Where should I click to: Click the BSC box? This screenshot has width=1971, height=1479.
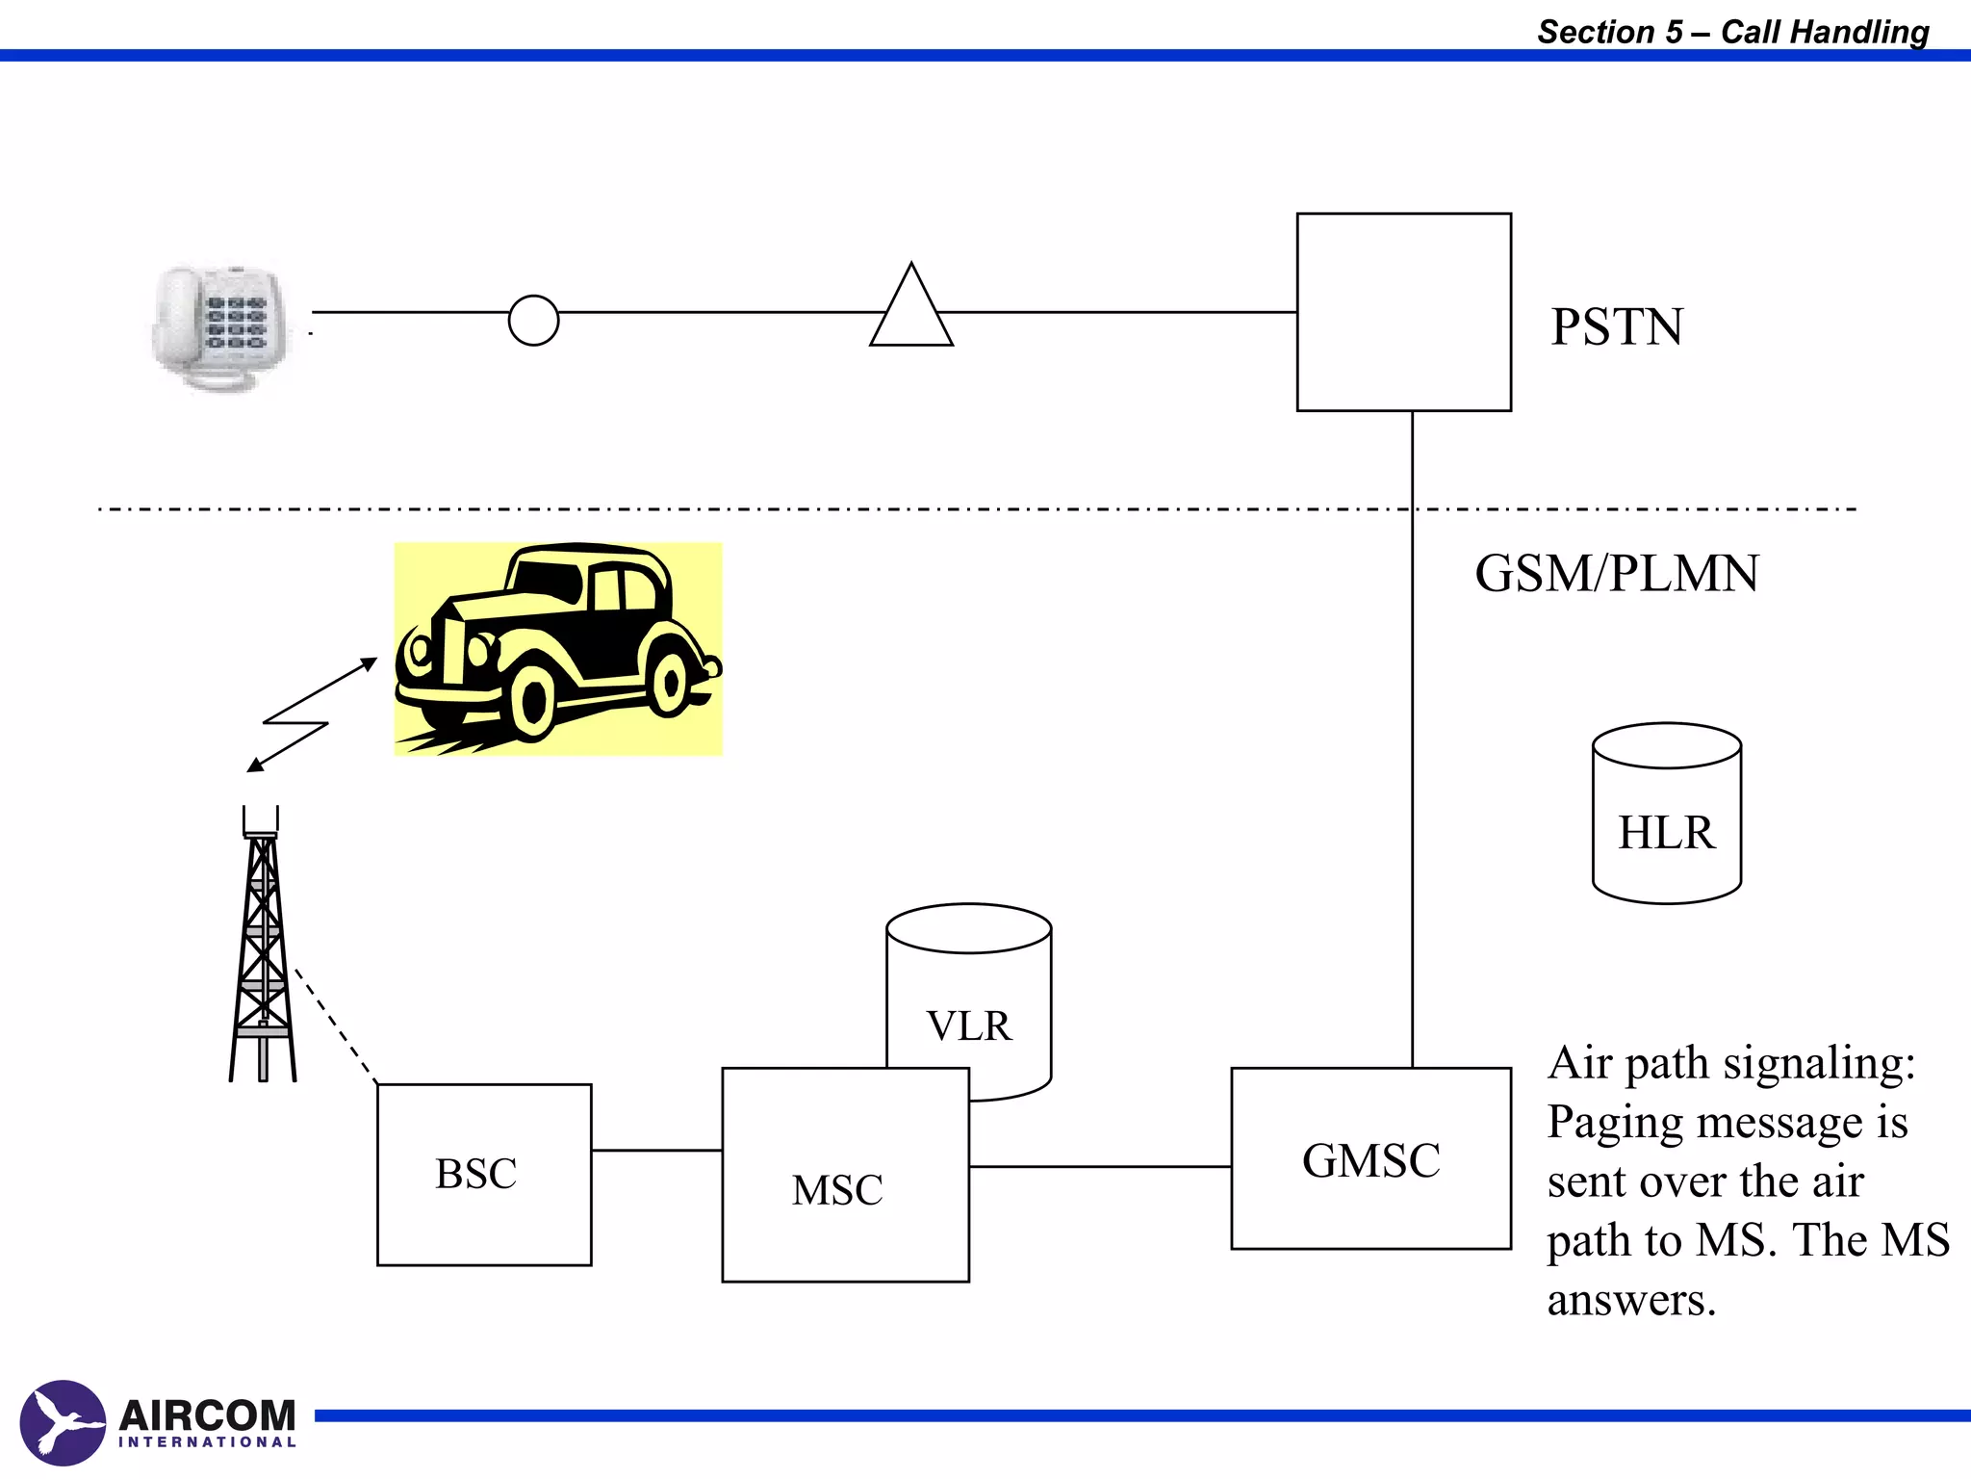(x=483, y=1174)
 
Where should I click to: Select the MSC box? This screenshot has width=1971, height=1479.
(x=844, y=1176)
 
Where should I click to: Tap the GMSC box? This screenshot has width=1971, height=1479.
(x=1370, y=1158)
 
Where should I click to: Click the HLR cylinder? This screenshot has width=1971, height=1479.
(x=1666, y=815)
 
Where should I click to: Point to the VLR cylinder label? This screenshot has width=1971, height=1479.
(x=968, y=1025)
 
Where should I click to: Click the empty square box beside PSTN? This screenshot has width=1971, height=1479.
(x=1403, y=312)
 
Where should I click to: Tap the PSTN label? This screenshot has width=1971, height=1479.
(x=1617, y=326)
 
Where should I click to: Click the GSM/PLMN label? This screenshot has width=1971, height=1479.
(x=1617, y=573)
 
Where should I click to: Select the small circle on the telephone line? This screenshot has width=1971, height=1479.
(x=533, y=320)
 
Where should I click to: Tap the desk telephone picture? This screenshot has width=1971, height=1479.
(x=220, y=326)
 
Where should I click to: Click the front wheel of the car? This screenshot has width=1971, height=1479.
(x=532, y=700)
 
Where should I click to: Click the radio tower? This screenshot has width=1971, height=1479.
(x=262, y=948)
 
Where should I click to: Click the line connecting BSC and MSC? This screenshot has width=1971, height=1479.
(x=656, y=1150)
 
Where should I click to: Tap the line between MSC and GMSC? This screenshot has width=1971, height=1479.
(x=1099, y=1166)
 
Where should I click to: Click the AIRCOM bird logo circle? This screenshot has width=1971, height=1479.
(x=62, y=1422)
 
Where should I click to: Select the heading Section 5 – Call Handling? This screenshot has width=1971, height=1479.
(x=1732, y=32)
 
